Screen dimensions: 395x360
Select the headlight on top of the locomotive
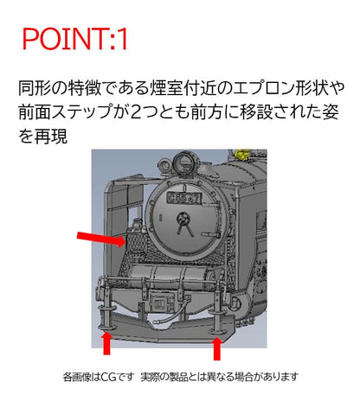[182, 162]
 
